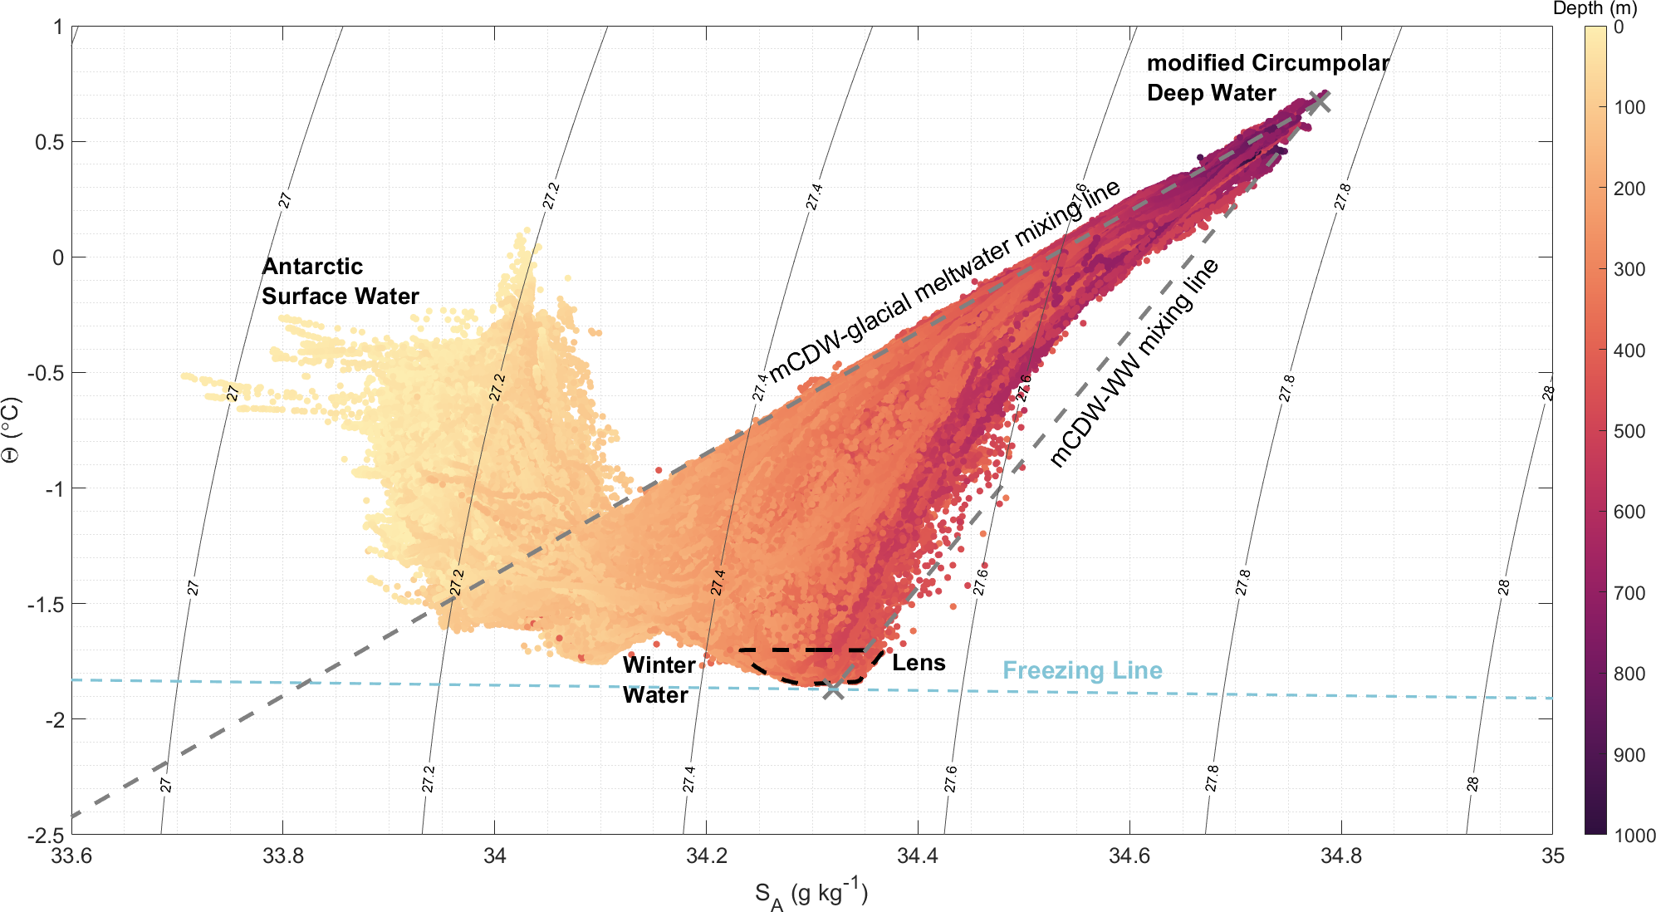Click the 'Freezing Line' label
[1082, 670]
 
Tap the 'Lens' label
[919, 663]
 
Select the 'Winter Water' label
[658, 679]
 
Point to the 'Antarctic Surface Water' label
[340, 282]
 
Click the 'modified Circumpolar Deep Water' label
[1267, 78]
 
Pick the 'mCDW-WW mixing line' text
[1134, 362]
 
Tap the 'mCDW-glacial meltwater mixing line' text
[943, 281]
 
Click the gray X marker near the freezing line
[834, 688]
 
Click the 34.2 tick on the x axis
[706, 856]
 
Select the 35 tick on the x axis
[1552, 856]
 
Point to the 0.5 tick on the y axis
[49, 142]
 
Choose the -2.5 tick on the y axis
[47, 835]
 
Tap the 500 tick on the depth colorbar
[1629, 431]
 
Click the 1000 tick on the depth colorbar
[1634, 836]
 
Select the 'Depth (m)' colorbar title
[1595, 9]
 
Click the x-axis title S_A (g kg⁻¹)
[811, 895]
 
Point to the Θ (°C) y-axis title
[12, 429]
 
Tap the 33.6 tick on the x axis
[71, 856]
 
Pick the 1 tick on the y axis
[58, 27]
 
